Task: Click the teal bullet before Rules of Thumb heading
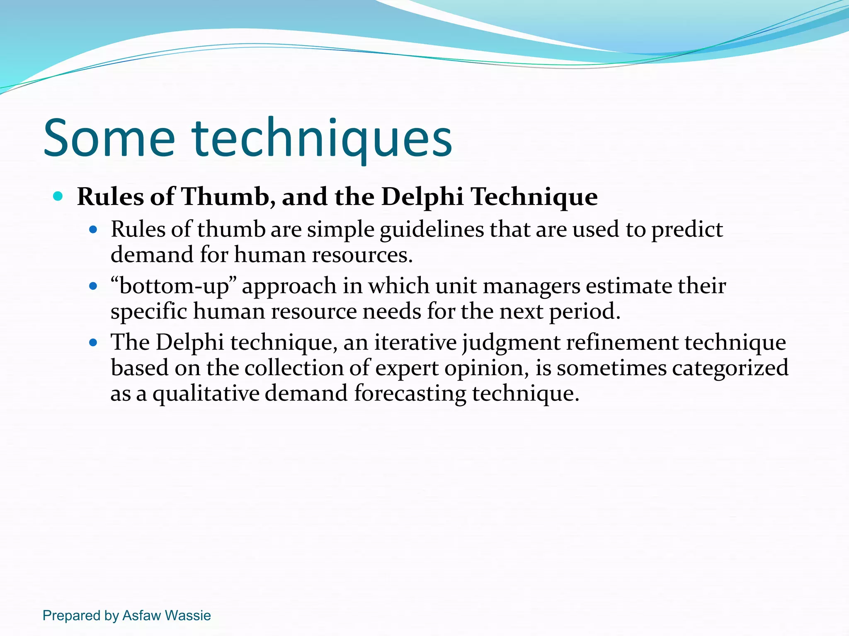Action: [58, 196]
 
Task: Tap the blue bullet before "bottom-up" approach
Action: [93, 286]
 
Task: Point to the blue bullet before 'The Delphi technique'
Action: [93, 342]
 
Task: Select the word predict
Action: [687, 230]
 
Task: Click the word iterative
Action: [415, 343]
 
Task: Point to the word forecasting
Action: [410, 393]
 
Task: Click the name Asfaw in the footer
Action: [141, 615]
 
